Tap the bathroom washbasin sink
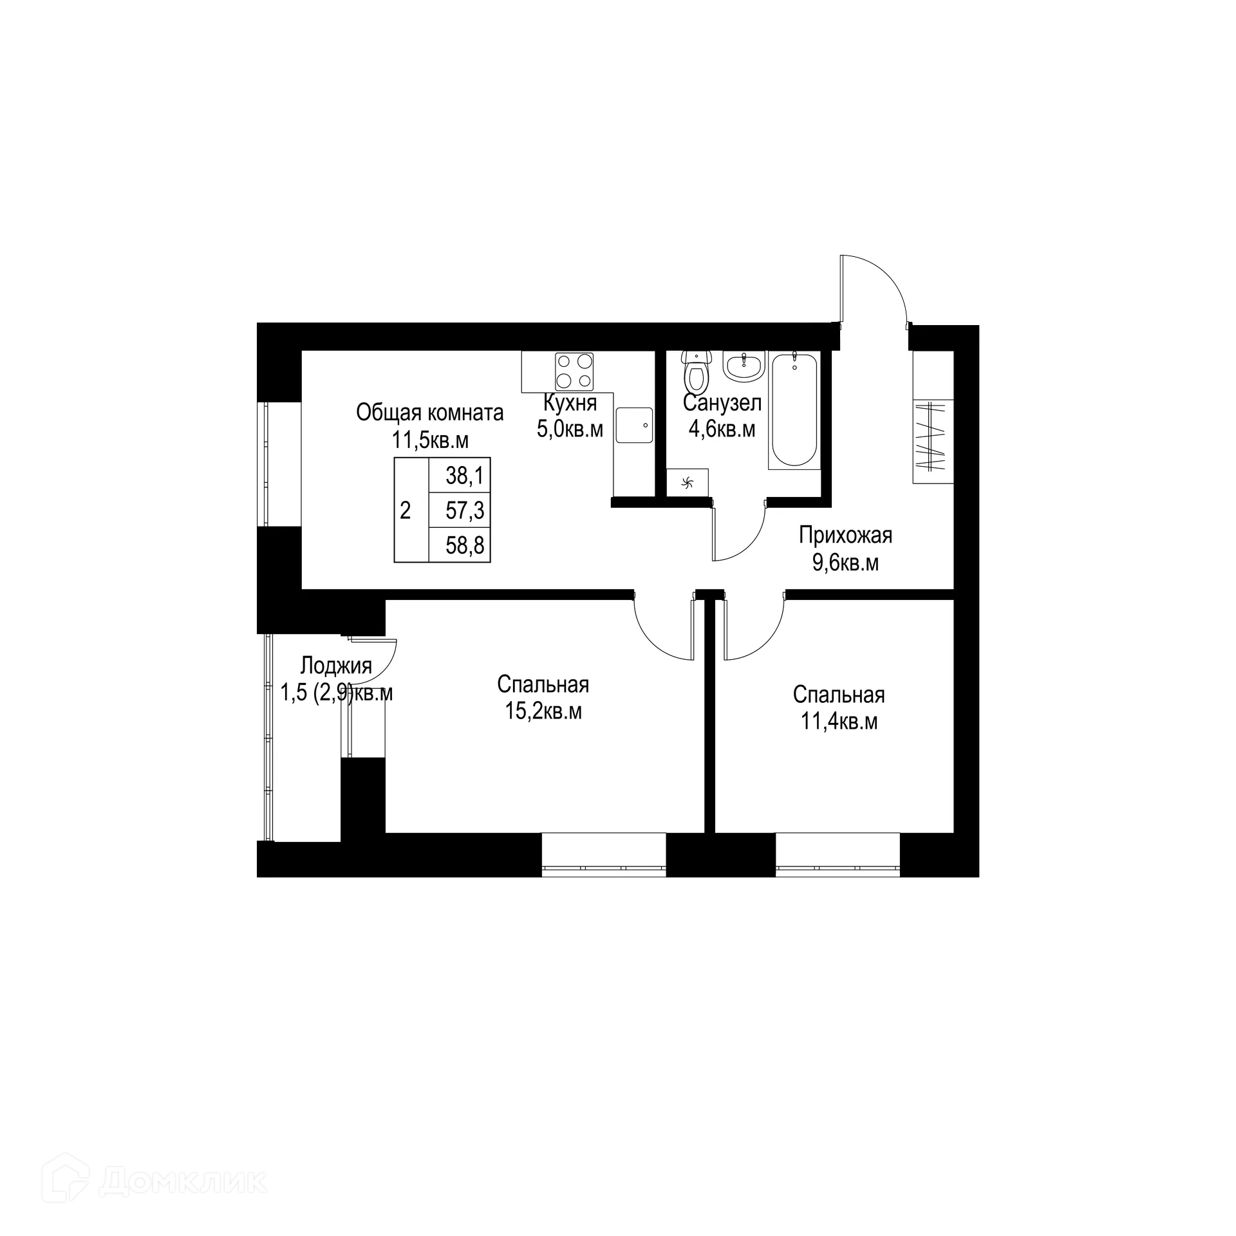click(x=744, y=366)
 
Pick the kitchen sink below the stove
click(x=634, y=425)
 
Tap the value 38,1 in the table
click(x=464, y=476)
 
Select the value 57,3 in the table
click(x=464, y=511)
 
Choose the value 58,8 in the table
click(x=464, y=546)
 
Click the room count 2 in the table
click(x=405, y=511)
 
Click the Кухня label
click(x=570, y=404)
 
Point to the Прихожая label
click(x=845, y=535)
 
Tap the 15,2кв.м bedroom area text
click(x=543, y=711)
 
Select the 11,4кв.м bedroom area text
click(x=839, y=722)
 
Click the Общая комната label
click(x=430, y=413)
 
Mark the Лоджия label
click(x=336, y=665)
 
